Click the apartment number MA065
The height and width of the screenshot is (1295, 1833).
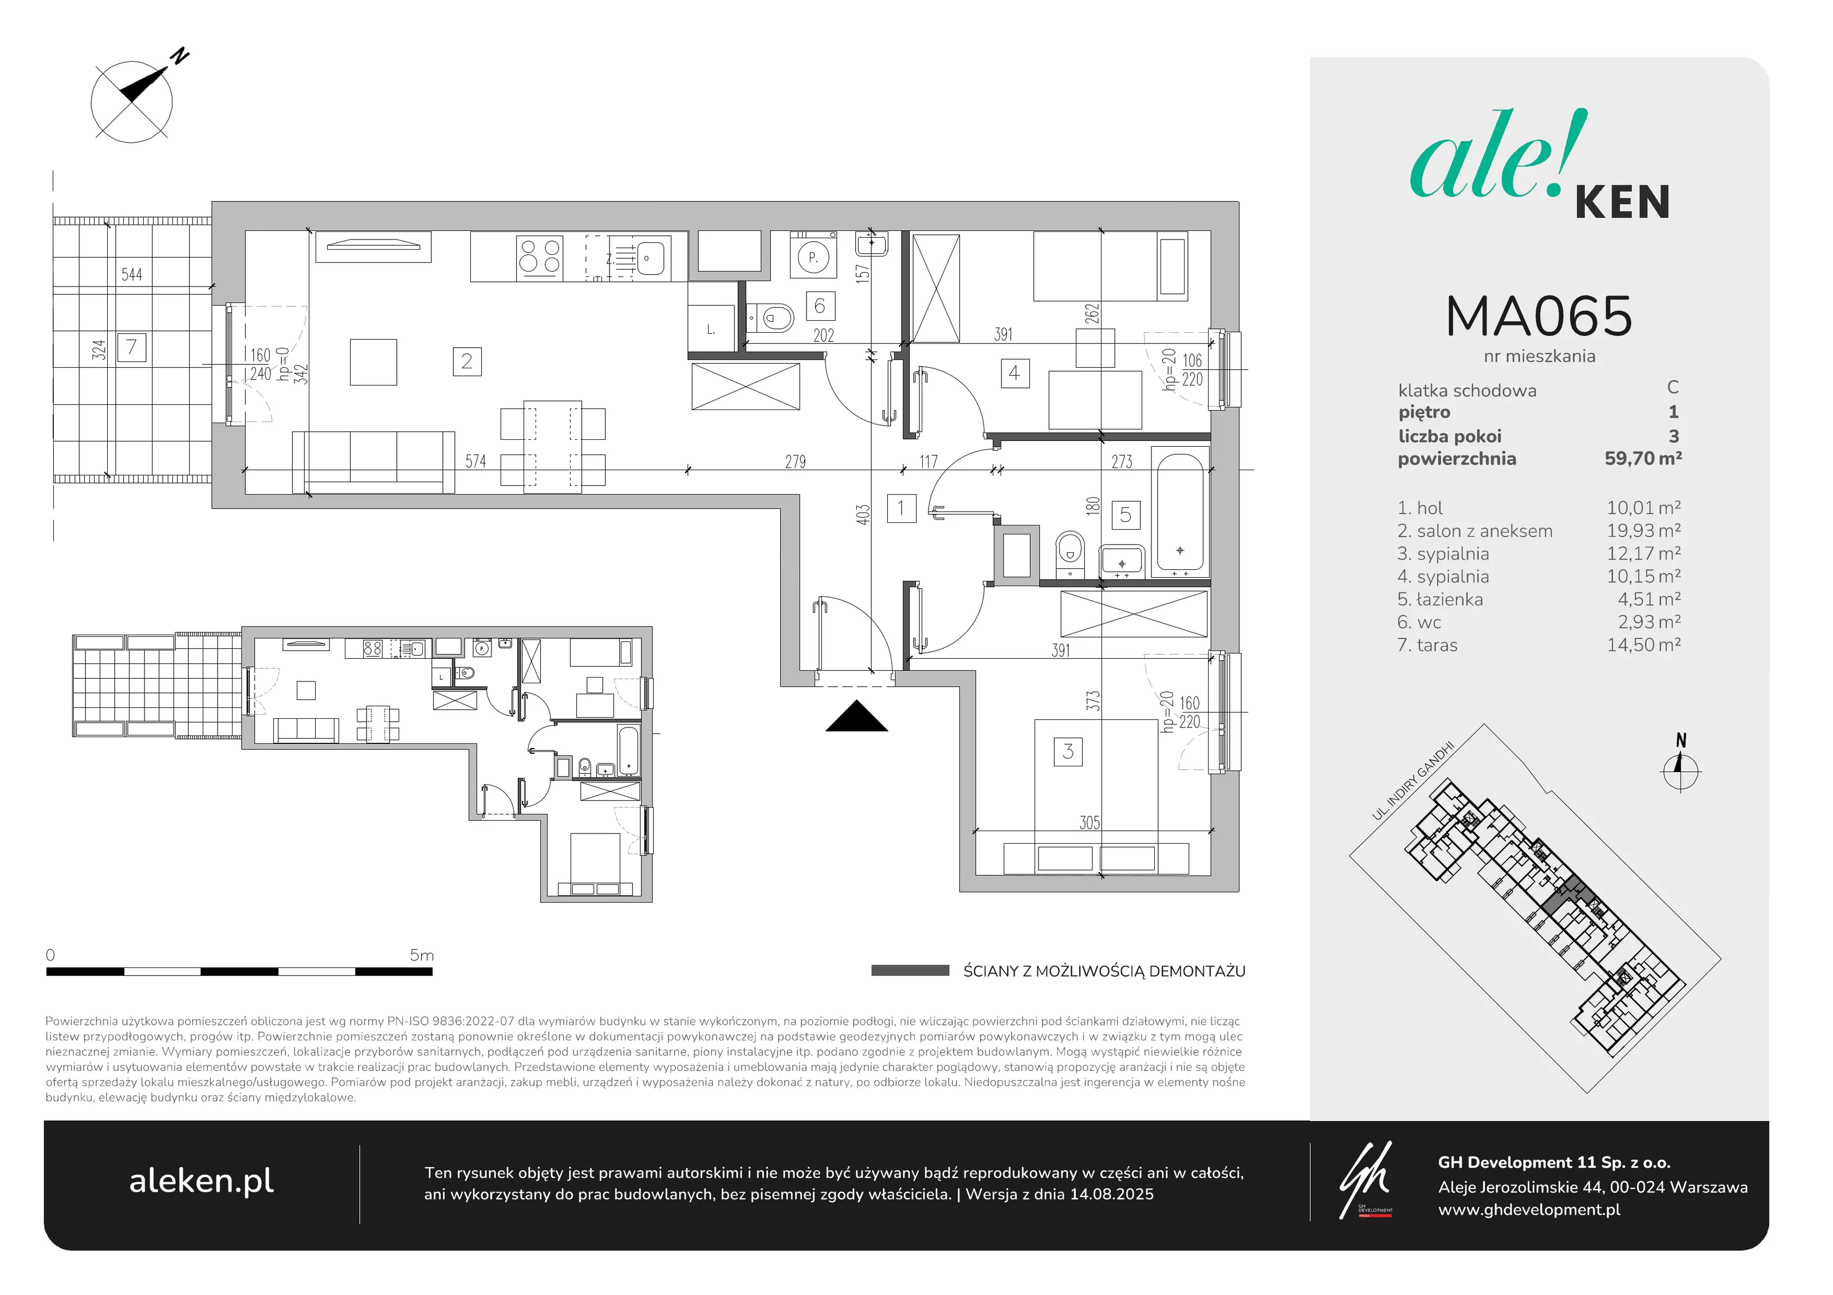pos(1539,316)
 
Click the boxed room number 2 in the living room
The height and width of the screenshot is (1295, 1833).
pos(467,361)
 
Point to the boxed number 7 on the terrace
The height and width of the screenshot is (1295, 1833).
pos(132,347)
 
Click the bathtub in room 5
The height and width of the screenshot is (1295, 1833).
pos(1180,514)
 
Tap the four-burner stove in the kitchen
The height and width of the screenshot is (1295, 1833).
pos(540,257)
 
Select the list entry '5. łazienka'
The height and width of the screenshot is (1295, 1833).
pos(1440,600)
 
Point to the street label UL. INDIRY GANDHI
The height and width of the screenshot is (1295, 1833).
pos(1414,780)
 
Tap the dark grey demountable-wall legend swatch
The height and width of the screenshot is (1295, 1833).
pos(910,971)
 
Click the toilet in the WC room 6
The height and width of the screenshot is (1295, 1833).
pos(770,318)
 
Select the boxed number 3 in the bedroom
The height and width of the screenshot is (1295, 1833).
pos(1068,751)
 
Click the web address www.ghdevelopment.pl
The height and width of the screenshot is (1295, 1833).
pos(1529,1210)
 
